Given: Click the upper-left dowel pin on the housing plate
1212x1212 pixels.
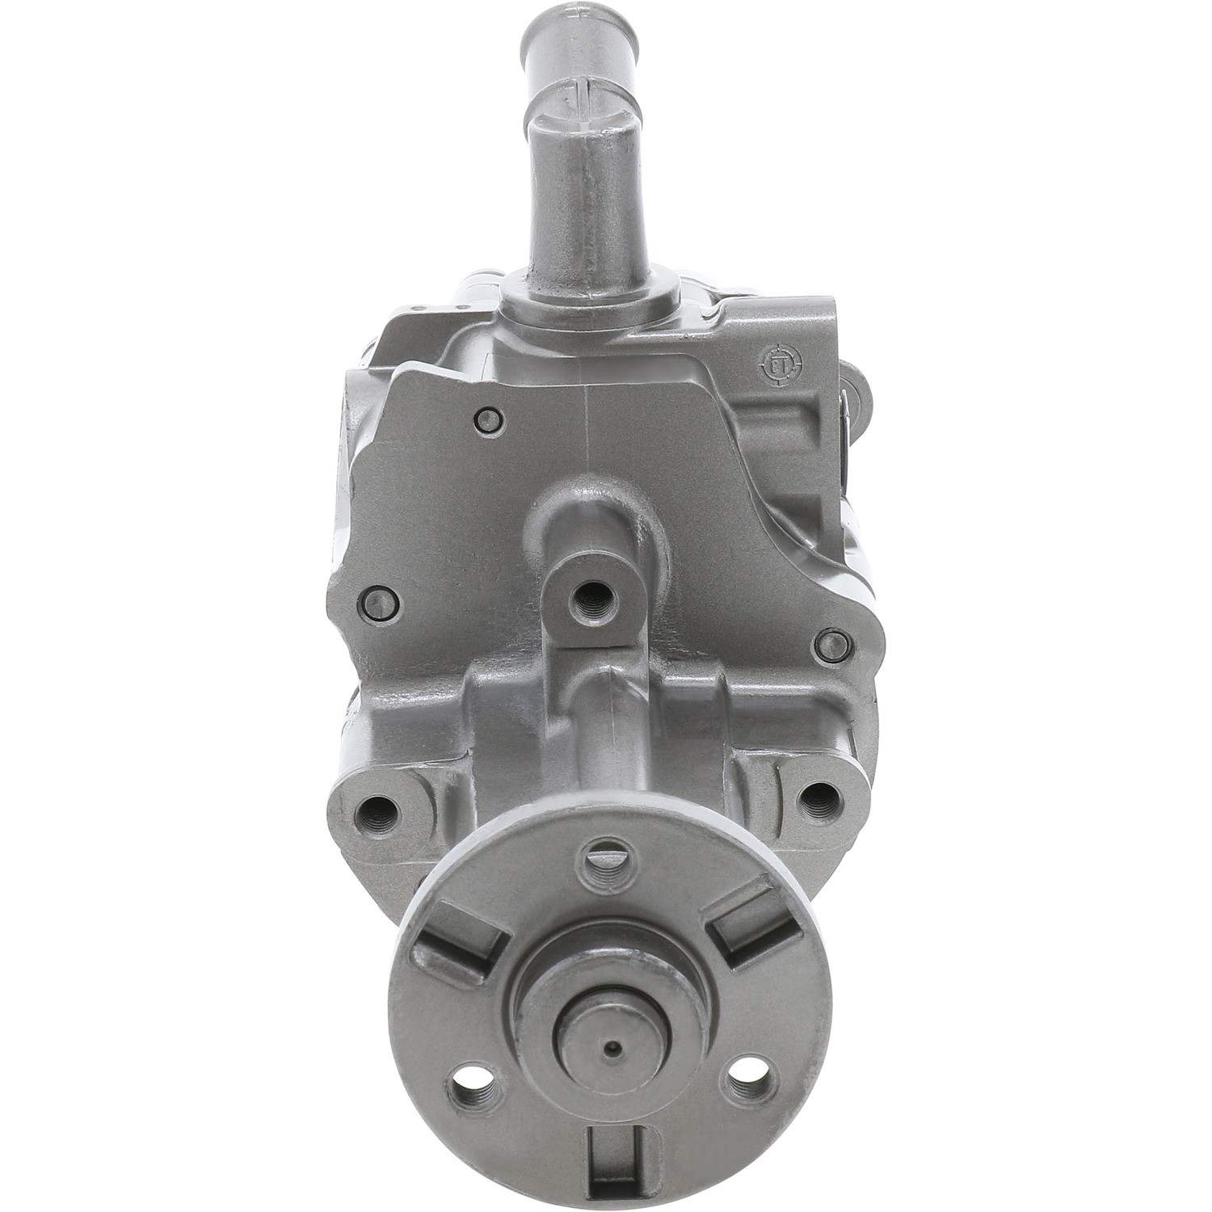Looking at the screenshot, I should tap(486, 419).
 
